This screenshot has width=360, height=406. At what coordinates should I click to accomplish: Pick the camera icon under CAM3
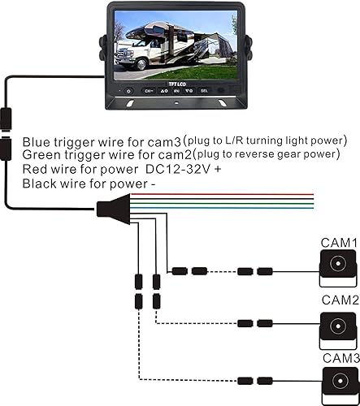pyautogui.click(x=336, y=382)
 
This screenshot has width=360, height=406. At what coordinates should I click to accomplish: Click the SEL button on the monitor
pyautogui.click(x=204, y=91)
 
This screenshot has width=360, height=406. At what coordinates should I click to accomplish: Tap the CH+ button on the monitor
pyautogui.click(x=149, y=91)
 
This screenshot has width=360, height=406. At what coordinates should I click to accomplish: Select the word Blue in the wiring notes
pyautogui.click(x=37, y=140)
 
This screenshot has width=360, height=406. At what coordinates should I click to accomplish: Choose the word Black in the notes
pyautogui.click(x=39, y=184)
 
